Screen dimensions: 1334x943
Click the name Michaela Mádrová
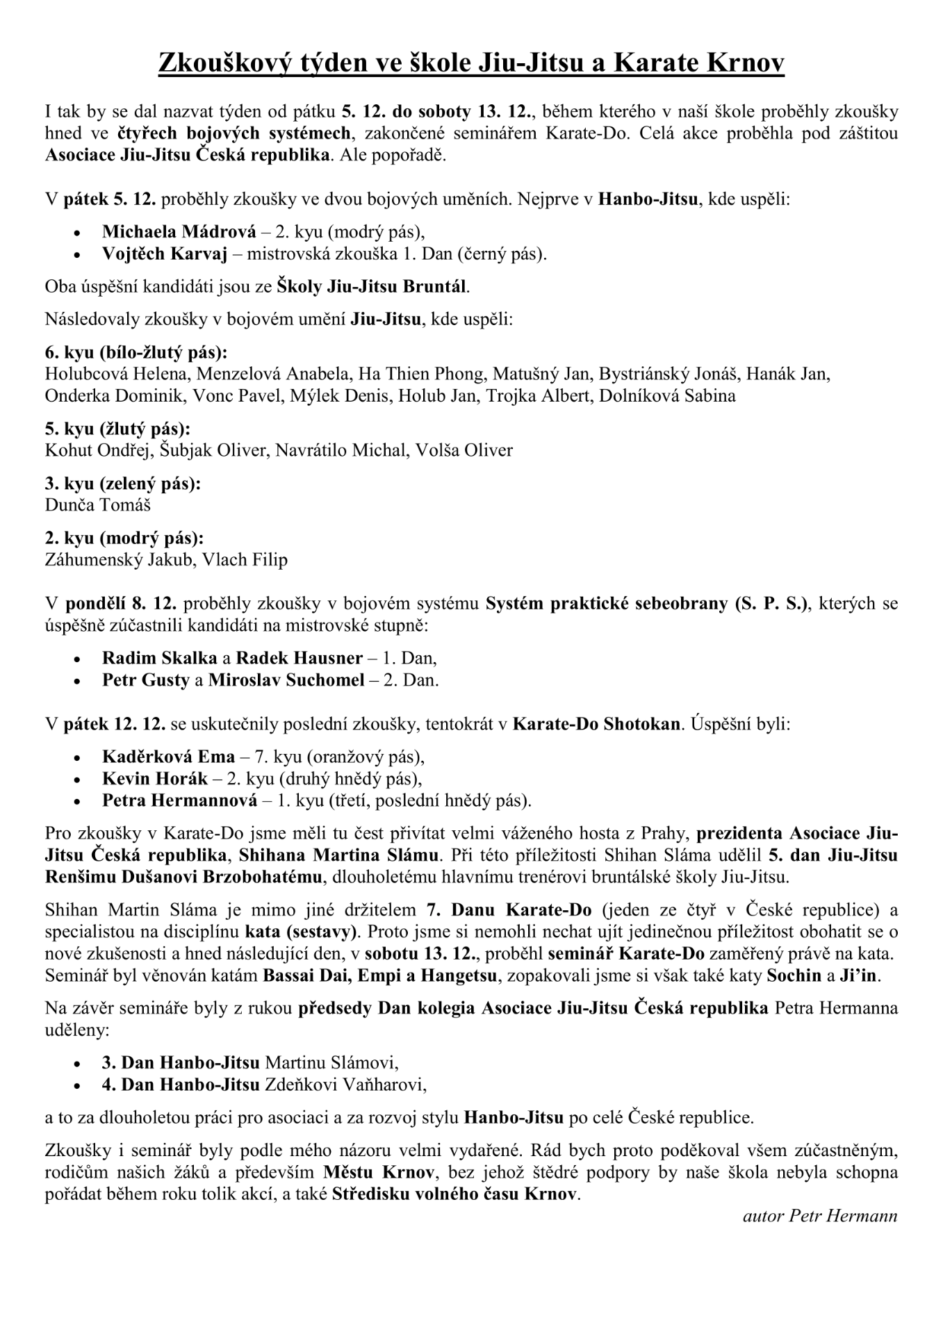176,231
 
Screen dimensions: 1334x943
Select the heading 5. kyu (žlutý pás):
117,428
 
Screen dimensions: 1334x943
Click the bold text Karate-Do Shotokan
596,724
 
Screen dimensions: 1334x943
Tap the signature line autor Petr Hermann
820,1216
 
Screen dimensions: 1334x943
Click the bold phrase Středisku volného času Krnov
455,1195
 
